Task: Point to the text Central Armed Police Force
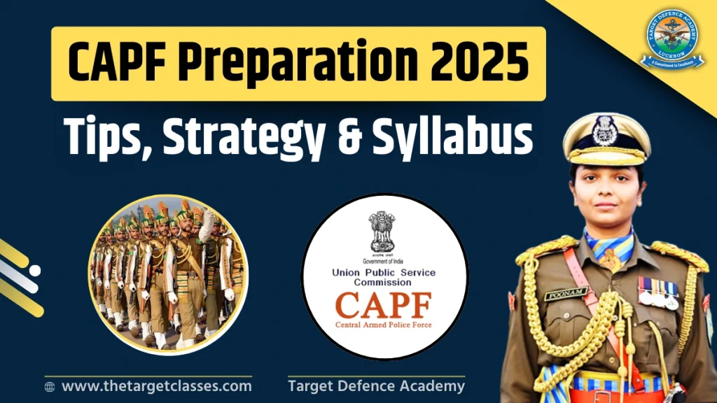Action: coord(384,325)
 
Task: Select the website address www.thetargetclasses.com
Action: coord(156,386)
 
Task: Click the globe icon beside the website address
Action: coord(50,386)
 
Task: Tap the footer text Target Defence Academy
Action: coord(376,386)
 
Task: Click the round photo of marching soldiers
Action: coord(168,273)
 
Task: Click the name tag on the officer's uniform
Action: coord(565,295)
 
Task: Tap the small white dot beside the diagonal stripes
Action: coord(34,270)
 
